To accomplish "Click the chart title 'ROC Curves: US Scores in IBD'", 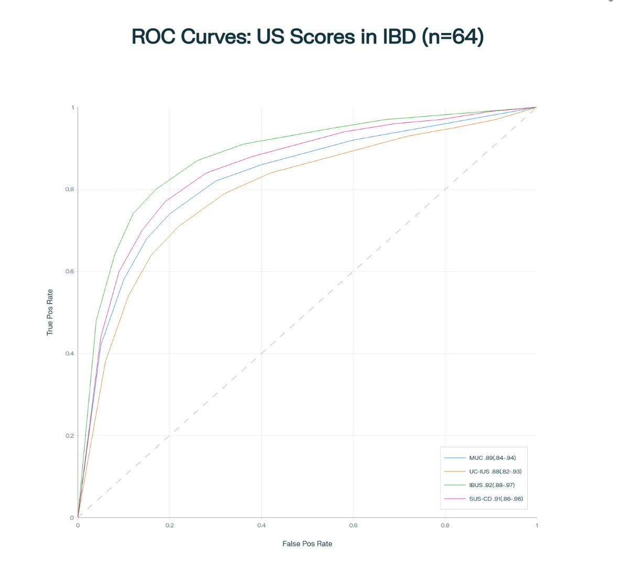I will pyautogui.click(x=307, y=37).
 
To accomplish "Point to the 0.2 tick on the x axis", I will pyautogui.click(x=169, y=525).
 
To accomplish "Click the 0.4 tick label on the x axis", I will pyautogui.click(x=261, y=525).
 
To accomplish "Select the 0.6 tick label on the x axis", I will pyautogui.click(x=353, y=525).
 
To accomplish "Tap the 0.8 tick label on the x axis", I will pyautogui.click(x=445, y=525).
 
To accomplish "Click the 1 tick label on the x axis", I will pyautogui.click(x=537, y=525).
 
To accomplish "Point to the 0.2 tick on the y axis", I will pyautogui.click(x=69, y=436).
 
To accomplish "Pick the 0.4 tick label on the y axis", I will pyautogui.click(x=69, y=353).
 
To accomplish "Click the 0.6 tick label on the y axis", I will pyautogui.click(x=69, y=271).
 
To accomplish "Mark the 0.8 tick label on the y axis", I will pyautogui.click(x=69, y=189).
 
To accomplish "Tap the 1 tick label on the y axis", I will pyautogui.click(x=72, y=107).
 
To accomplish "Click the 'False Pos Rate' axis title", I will pyautogui.click(x=307, y=544).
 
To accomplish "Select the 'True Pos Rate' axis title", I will pyautogui.click(x=50, y=312).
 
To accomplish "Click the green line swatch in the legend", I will pyautogui.click(x=454, y=485).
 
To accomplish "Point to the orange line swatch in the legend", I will pyautogui.click(x=454, y=471).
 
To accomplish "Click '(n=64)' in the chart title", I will pyautogui.click(x=452, y=37).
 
